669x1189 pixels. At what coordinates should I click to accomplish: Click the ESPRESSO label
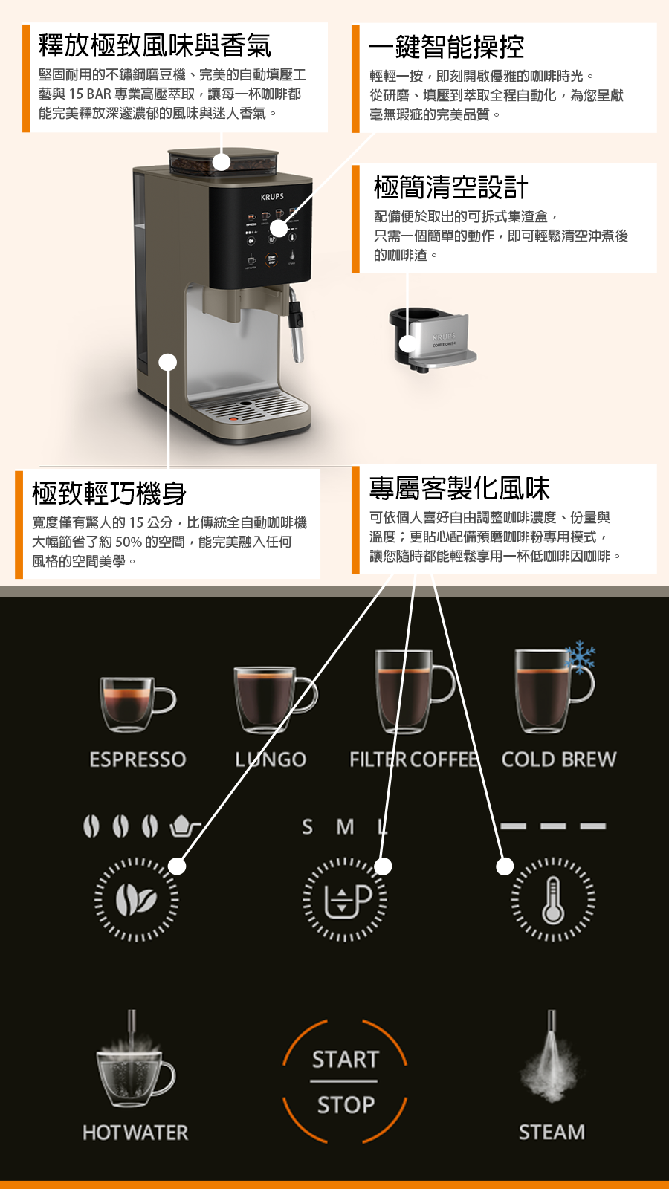tap(138, 759)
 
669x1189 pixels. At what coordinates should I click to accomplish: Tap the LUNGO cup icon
tap(275, 699)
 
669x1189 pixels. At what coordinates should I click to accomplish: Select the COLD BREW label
tap(558, 759)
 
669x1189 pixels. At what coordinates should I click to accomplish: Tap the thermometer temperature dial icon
tap(553, 899)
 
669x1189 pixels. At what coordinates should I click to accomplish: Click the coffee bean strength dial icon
tap(137, 899)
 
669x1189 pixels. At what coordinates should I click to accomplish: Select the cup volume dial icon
tap(345, 899)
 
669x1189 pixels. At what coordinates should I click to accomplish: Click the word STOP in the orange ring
tap(346, 1104)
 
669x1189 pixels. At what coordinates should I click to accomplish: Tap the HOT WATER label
tap(135, 1133)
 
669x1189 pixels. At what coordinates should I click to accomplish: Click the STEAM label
tap(552, 1133)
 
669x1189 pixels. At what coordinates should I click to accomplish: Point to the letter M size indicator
tap(345, 826)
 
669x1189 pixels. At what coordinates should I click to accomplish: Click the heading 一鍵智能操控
tap(447, 47)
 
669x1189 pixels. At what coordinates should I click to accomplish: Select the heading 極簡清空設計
tap(450, 187)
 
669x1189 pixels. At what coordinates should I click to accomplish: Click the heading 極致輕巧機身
tap(109, 493)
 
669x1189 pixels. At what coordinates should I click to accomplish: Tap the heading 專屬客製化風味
tap(459, 488)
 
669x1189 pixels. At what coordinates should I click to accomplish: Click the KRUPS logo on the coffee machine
tap(272, 196)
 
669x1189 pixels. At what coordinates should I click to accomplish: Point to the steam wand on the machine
tap(297, 324)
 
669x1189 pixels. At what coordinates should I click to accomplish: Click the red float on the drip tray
tap(233, 419)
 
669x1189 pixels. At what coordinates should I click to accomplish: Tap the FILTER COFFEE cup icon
tap(414, 692)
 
